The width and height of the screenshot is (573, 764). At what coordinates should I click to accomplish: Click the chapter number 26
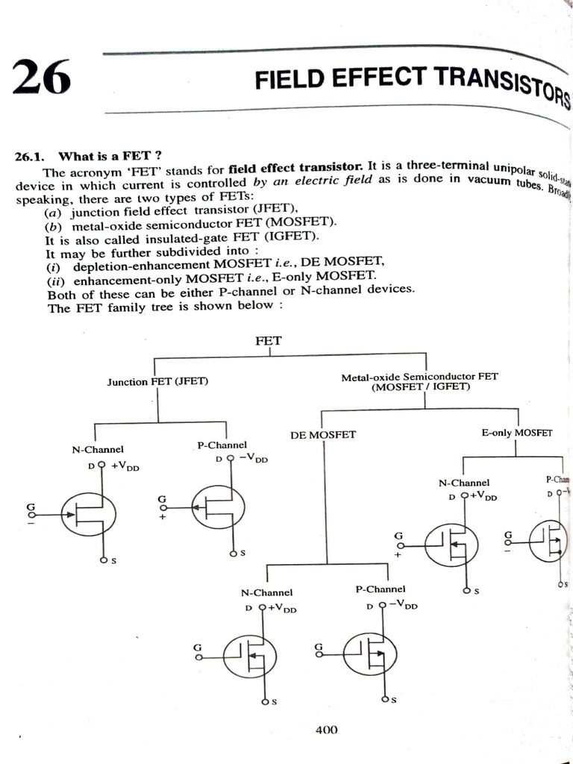pos(41,78)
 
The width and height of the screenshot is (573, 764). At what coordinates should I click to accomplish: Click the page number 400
pos(326,730)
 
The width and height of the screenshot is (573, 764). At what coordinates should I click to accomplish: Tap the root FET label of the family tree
pos(269,340)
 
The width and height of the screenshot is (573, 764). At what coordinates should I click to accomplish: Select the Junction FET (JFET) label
pos(157,381)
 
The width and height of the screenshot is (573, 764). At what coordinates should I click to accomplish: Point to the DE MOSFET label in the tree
pos(322,435)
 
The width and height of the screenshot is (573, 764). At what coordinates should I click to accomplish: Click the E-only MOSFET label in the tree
pos(517,433)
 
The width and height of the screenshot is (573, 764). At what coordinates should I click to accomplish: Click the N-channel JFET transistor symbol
pos(89,513)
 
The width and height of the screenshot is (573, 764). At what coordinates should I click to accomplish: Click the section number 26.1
pos(30,157)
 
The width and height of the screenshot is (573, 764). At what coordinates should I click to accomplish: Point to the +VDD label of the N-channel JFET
pos(125,466)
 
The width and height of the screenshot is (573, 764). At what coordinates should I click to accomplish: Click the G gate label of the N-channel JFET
pos(31,507)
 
